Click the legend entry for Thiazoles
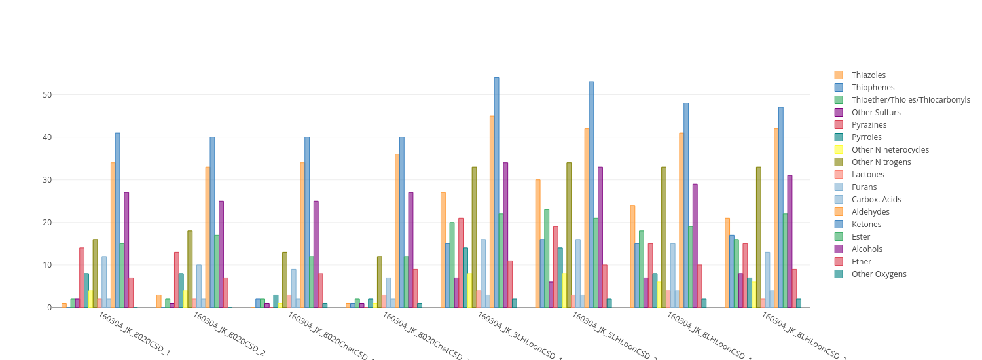tap(868, 75)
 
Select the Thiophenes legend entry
tap(873, 88)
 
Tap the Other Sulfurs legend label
tap(876, 113)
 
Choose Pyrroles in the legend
tap(866, 137)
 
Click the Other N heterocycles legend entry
tap(890, 150)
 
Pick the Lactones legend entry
tap(867, 175)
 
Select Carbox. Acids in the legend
tap(876, 200)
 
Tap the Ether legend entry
tap(861, 262)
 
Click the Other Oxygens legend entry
tap(879, 274)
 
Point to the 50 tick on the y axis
tap(47, 95)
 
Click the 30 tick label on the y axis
tap(47, 180)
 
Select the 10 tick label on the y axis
tap(47, 265)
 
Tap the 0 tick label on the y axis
tap(49, 308)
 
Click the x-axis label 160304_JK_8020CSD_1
tap(134, 334)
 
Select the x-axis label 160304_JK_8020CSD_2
tap(229, 334)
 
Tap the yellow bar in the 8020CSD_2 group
tap(185, 299)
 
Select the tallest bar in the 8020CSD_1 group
tap(117, 220)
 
